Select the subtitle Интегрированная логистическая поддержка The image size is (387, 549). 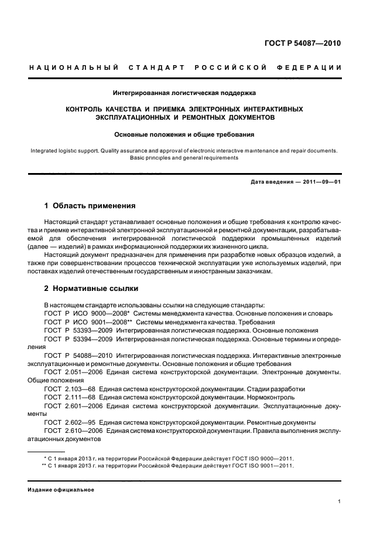tap(184, 92)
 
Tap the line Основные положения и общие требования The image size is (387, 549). tap(184, 134)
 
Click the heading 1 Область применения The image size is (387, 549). tap(90, 206)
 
